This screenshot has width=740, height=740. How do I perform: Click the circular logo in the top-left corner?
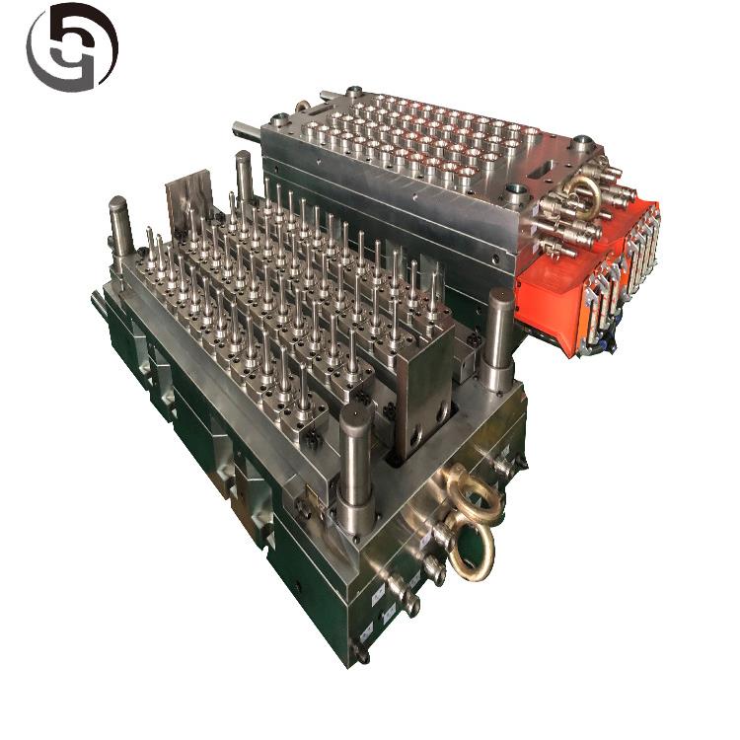coord(71,47)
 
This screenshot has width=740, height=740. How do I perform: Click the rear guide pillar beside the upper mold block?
coord(244,178)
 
